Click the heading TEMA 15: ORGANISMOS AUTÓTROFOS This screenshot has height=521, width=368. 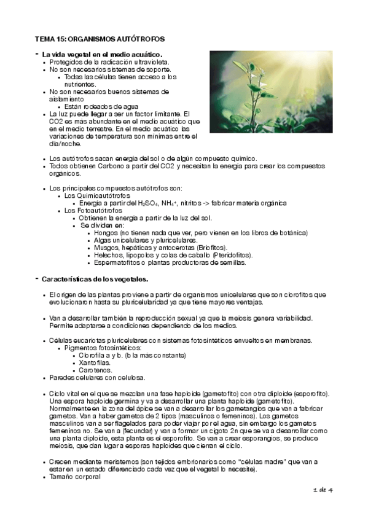[99, 39]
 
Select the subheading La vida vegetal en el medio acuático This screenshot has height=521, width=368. [102, 55]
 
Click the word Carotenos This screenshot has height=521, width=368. [95, 370]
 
